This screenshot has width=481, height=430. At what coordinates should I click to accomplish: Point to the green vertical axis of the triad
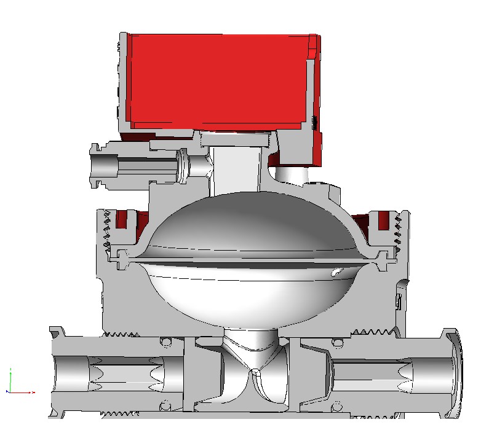(11, 378)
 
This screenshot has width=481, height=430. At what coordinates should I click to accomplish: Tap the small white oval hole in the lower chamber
(336, 271)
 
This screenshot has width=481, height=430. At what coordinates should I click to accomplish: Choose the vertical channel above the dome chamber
(237, 169)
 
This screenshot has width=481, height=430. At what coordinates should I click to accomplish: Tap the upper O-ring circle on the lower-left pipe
(165, 340)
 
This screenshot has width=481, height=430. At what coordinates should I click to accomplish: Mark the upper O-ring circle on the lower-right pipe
(336, 340)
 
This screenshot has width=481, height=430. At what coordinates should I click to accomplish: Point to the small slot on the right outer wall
(399, 302)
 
